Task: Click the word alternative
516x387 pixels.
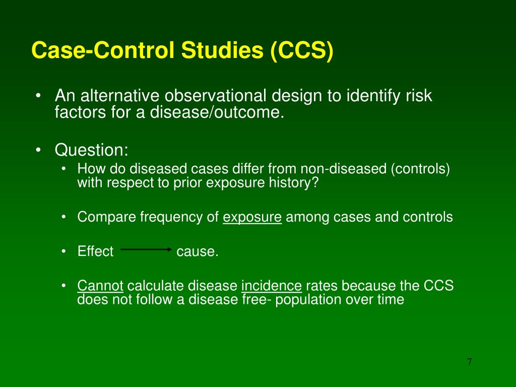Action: pos(120,95)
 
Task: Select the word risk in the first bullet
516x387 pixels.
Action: pos(419,95)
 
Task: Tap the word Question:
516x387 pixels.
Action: pos(92,150)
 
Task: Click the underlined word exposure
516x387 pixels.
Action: pos(252,217)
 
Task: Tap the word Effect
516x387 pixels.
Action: pos(95,251)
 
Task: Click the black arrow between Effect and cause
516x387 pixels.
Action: pos(146,249)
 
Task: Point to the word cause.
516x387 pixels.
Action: pos(197,251)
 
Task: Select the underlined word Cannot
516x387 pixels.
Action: pos(100,286)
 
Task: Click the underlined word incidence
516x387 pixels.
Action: pos(271,286)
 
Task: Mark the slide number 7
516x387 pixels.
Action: pos(469,362)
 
